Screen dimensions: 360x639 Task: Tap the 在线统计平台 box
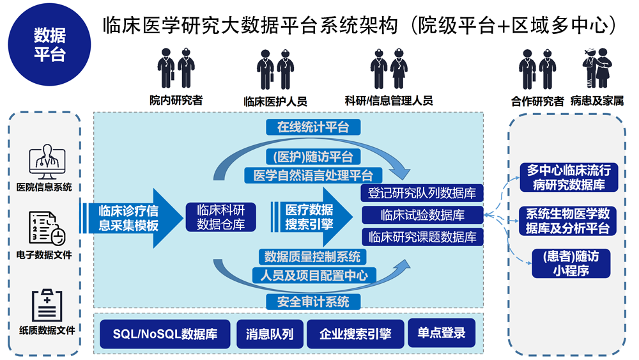click(x=313, y=127)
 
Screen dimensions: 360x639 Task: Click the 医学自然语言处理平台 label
click(x=313, y=175)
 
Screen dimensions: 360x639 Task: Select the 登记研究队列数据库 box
click(x=422, y=193)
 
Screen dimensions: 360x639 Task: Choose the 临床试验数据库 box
click(x=422, y=215)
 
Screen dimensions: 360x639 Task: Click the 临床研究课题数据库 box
click(x=422, y=237)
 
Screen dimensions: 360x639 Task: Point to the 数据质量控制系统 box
click(x=313, y=257)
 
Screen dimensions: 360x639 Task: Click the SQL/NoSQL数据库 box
click(x=165, y=334)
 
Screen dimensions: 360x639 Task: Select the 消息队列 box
click(x=270, y=334)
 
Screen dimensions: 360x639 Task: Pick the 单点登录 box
click(x=442, y=333)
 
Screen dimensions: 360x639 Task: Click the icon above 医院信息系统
click(x=45, y=164)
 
